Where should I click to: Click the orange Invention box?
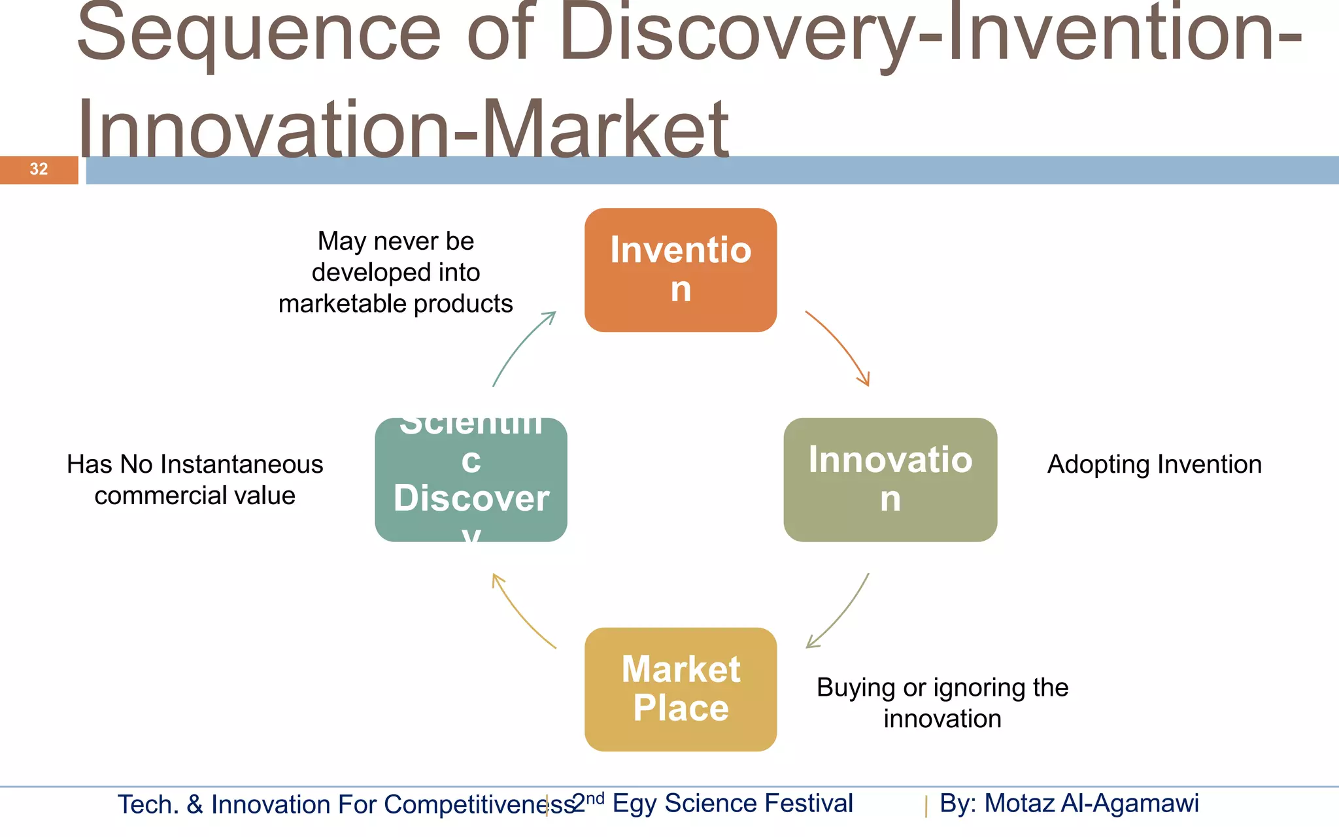point(680,269)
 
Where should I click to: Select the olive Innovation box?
point(889,479)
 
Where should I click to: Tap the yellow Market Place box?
point(680,689)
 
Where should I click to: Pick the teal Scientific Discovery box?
point(471,479)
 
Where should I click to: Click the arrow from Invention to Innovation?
point(840,347)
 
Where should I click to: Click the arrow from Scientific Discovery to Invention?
point(520,347)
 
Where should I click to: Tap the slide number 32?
point(39,169)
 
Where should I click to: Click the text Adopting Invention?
point(1154,464)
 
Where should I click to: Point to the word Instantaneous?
point(242,464)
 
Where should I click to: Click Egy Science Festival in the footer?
point(732,803)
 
